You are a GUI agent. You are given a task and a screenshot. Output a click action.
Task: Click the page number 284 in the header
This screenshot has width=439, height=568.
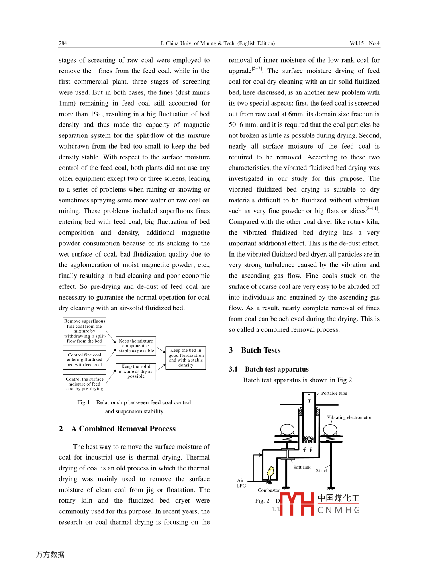[63, 43]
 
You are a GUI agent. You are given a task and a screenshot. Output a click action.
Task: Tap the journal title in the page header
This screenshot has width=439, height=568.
[218, 43]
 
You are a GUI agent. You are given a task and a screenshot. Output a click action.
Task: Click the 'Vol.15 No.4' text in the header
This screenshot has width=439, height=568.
[365, 43]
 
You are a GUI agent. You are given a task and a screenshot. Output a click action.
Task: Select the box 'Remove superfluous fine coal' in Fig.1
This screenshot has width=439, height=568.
[84, 331]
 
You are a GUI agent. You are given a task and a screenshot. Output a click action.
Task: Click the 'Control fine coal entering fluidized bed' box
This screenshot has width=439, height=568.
[84, 360]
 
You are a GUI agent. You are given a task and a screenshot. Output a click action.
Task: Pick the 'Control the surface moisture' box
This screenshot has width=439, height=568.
[84, 384]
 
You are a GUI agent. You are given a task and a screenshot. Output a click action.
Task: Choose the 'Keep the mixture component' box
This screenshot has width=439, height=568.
[136, 346]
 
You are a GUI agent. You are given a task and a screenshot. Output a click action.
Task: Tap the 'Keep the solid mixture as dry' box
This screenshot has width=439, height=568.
[136, 371]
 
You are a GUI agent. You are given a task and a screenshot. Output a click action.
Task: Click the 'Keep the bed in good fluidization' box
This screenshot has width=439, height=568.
[186, 358]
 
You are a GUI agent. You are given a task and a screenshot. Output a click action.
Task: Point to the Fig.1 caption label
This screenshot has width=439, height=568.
[84, 403]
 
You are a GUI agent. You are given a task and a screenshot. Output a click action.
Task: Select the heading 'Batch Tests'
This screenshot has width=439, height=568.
[261, 351]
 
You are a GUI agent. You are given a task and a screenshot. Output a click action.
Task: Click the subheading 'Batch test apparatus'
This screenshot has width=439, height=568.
[276, 370]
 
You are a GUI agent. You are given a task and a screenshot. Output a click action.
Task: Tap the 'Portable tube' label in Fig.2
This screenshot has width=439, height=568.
[334, 394]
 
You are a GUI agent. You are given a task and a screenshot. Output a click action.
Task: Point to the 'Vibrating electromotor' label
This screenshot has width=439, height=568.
[349, 418]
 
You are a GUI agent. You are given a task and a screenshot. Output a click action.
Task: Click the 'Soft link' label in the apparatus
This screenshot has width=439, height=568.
[302, 468]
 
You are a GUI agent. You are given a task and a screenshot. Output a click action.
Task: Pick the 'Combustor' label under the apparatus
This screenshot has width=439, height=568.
[268, 490]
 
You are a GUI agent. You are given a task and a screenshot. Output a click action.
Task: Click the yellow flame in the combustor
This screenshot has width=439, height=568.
[271, 471]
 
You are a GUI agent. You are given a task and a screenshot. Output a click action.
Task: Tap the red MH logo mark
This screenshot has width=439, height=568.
[297, 504]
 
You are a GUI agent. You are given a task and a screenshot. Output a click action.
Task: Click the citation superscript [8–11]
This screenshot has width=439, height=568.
[372, 208]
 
